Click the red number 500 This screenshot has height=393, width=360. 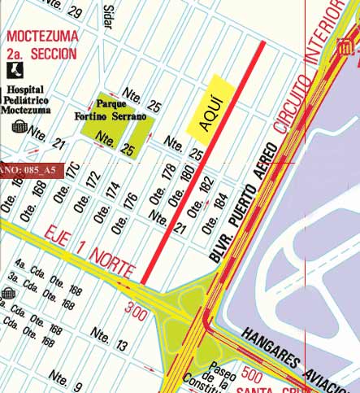tap(253, 376)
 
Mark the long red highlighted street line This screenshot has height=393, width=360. tap(204, 162)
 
